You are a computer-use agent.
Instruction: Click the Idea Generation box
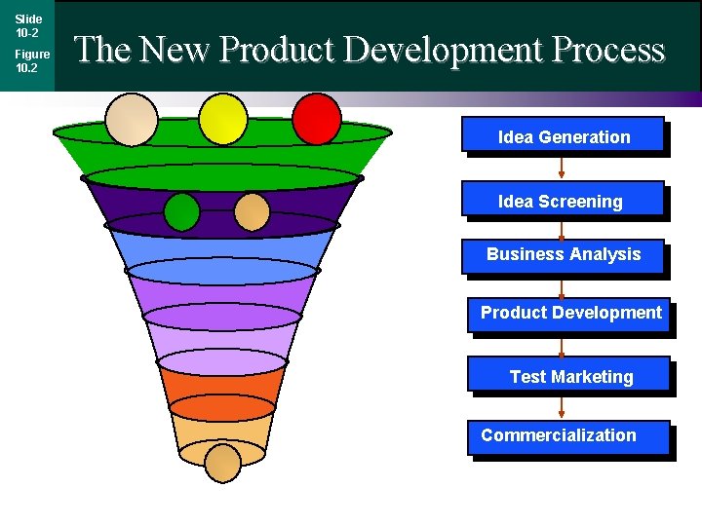[x=563, y=136]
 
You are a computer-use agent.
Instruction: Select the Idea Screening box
[x=562, y=201]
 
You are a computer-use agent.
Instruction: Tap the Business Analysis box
[x=564, y=255]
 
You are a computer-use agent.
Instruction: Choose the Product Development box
[x=569, y=314]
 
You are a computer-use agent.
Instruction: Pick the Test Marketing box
[x=569, y=376]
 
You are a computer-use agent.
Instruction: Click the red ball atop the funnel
[x=317, y=118]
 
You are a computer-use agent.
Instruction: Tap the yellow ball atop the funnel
[x=223, y=118]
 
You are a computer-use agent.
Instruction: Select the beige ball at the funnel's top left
[x=131, y=119]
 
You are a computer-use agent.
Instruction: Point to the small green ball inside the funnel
[x=181, y=212]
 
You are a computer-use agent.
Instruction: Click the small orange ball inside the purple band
[x=253, y=212]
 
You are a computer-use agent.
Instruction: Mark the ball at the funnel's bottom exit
[x=222, y=463]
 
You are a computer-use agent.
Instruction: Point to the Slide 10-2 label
[x=27, y=25]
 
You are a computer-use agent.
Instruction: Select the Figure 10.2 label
[x=31, y=60]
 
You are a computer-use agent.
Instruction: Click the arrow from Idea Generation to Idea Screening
[x=562, y=169]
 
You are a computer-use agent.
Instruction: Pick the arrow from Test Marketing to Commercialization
[x=562, y=406]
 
